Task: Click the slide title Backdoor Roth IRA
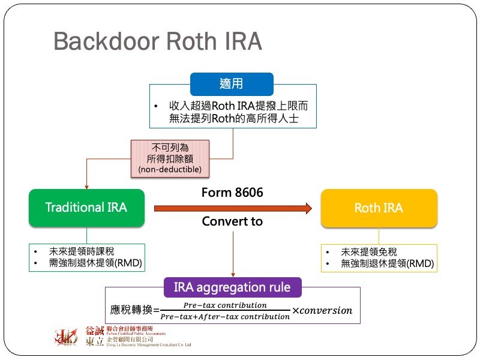pos(157,41)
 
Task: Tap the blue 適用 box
pos(232,84)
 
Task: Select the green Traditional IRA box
pos(86,208)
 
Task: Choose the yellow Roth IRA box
pos(379,208)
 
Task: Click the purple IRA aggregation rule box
pos(232,287)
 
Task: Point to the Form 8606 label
pos(232,193)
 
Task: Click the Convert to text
pos(232,221)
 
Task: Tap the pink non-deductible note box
pos(170,158)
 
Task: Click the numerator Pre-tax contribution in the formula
pos(225,305)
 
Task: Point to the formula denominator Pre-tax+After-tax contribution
pos(225,316)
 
